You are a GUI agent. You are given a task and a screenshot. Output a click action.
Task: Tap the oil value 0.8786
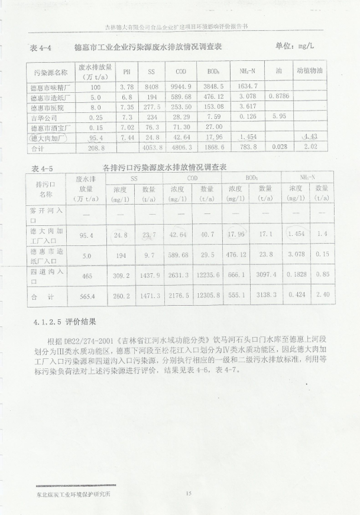278,96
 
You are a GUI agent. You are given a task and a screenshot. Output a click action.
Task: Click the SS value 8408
151,86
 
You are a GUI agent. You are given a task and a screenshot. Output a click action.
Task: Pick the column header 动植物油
310,72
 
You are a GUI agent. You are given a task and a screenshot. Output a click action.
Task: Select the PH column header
126,72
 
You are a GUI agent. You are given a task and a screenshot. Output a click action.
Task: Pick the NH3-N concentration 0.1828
296,274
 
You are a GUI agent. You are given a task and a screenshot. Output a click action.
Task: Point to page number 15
189,493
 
